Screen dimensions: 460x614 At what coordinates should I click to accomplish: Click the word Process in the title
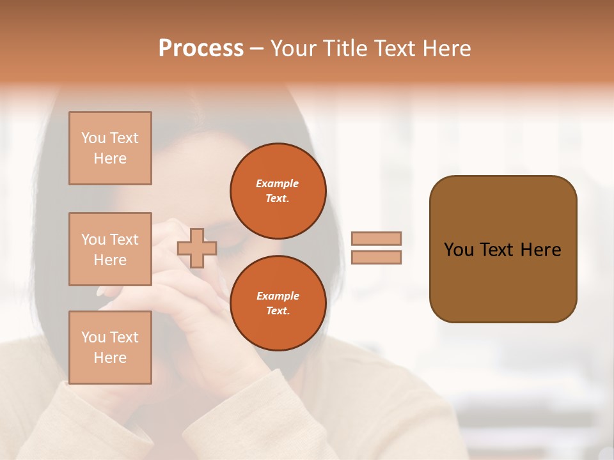tap(201, 49)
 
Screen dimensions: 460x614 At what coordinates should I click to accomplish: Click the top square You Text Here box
tap(110, 148)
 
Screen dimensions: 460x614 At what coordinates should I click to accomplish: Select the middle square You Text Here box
tap(110, 249)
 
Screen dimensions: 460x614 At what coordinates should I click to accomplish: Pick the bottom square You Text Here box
tap(110, 348)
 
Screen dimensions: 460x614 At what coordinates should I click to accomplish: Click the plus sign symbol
tap(197, 248)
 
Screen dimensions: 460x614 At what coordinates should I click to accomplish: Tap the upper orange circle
tap(278, 191)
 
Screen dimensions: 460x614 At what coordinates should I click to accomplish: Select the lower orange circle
tap(278, 303)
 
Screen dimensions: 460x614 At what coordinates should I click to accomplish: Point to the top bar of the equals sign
tap(376, 238)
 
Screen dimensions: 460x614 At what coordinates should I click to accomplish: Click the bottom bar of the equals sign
tap(376, 257)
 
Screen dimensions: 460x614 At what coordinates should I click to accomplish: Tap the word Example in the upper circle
tap(278, 183)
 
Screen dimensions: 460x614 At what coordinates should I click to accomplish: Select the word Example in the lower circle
tap(278, 296)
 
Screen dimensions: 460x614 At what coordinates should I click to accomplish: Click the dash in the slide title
tap(256, 49)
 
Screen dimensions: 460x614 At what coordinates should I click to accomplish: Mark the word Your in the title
tap(292, 49)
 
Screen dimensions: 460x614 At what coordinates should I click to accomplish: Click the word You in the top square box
tap(93, 138)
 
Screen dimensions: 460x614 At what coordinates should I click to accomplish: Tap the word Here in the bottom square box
tap(110, 358)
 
